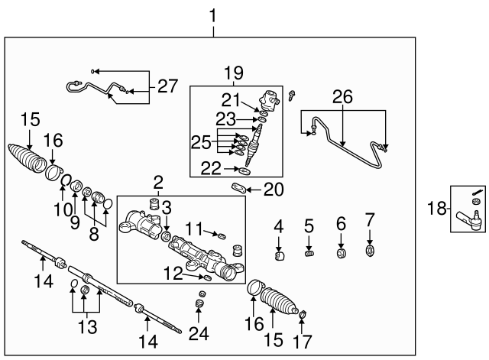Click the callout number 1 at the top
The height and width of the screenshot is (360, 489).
(x=212, y=15)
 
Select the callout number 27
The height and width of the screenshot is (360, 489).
(x=167, y=86)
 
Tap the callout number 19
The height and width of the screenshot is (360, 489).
(x=234, y=73)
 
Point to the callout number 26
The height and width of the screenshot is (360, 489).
(x=342, y=97)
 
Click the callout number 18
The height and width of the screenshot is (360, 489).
(x=437, y=208)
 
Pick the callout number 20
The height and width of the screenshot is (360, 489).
(x=274, y=190)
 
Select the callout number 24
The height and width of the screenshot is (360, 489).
(x=199, y=334)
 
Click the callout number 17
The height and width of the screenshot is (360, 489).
(x=303, y=342)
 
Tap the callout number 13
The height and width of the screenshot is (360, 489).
(x=87, y=327)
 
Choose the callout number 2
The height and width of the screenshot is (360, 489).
(x=158, y=183)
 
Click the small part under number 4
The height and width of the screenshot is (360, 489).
(x=280, y=256)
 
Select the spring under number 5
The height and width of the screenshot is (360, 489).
(x=309, y=254)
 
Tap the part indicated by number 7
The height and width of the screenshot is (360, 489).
(x=370, y=251)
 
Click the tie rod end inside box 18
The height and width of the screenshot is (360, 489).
(x=470, y=219)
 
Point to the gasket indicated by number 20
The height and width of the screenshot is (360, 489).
(x=238, y=188)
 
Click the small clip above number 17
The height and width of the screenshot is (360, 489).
(x=303, y=314)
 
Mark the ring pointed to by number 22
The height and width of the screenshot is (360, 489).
(x=244, y=170)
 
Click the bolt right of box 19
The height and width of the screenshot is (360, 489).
(x=292, y=95)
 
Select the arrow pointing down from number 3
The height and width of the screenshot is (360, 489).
(x=167, y=223)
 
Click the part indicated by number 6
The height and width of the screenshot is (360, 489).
(x=342, y=253)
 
